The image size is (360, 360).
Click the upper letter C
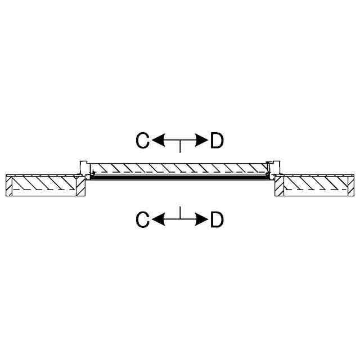[x=143, y=141]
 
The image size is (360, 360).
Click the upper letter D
[x=217, y=141]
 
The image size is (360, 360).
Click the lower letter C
[x=143, y=219]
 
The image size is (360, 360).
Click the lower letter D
[x=217, y=219]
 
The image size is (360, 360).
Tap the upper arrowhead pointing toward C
[x=159, y=141]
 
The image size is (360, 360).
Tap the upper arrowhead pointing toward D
[x=201, y=141]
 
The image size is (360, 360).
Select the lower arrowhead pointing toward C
[x=159, y=219]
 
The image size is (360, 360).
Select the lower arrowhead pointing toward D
[x=201, y=219]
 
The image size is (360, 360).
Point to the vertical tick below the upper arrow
[x=179, y=147]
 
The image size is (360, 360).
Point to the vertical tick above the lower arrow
[x=179, y=213]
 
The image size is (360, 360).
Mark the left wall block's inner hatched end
[x=81, y=186]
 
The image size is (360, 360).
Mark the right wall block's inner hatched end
[x=278, y=186]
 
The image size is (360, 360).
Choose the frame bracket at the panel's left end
[x=85, y=168]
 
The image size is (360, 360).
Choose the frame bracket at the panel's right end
[x=274, y=168]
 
